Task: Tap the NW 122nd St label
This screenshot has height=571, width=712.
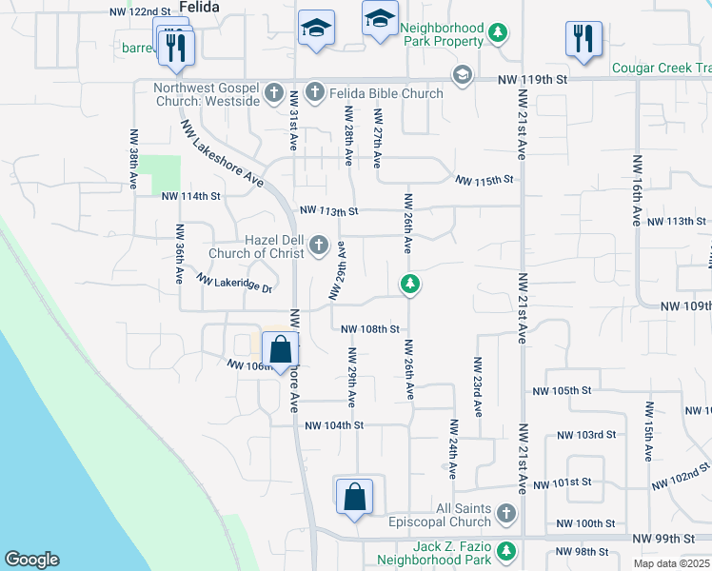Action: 140,11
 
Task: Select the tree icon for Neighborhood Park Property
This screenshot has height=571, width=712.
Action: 497,35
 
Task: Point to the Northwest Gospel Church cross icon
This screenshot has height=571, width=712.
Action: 274,93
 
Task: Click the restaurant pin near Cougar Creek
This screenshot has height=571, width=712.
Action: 583,39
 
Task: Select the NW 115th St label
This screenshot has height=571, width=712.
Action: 484,179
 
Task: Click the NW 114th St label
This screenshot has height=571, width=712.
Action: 190,196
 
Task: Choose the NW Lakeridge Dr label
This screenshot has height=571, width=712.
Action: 234,283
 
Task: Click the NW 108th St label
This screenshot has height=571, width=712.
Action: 368,329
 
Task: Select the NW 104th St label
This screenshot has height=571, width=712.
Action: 334,425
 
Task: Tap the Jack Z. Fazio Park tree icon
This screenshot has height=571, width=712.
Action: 506,550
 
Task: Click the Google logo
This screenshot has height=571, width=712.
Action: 31,560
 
